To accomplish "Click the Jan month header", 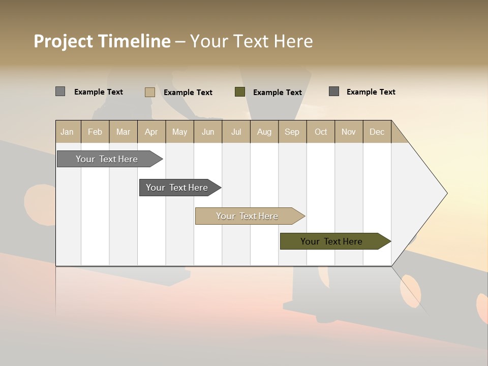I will click(x=68, y=132).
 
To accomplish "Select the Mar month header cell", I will click(x=123, y=132).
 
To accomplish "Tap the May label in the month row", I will click(x=179, y=132).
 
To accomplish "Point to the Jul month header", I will click(x=236, y=132).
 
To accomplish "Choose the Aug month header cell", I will click(x=264, y=132).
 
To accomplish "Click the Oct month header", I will click(x=321, y=132).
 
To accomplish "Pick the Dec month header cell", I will click(x=377, y=132).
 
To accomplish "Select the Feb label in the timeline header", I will click(x=95, y=132).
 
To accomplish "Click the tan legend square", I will click(x=150, y=92).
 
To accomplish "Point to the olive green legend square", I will click(x=240, y=92).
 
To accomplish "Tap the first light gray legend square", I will click(x=60, y=91).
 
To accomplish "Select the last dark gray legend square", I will click(x=334, y=91).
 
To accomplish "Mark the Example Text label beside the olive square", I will click(x=277, y=93).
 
